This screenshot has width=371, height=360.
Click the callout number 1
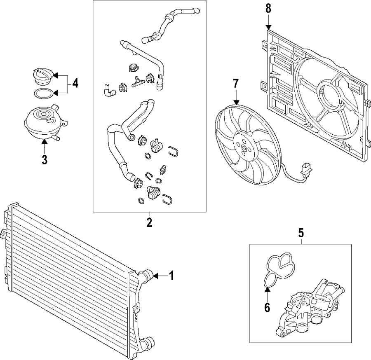click(x=171, y=276)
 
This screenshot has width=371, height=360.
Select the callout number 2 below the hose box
click(x=149, y=223)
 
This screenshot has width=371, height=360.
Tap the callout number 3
click(x=45, y=159)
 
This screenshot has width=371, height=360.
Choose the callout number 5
click(x=301, y=233)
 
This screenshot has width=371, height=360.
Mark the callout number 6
click(x=267, y=307)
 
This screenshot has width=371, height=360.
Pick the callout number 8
click(x=269, y=9)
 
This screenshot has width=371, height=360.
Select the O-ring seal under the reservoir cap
click(x=42, y=94)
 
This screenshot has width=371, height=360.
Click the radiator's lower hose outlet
click(x=147, y=343)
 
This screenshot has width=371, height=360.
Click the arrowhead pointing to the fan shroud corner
click(x=269, y=28)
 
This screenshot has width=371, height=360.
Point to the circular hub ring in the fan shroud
click(x=329, y=95)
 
